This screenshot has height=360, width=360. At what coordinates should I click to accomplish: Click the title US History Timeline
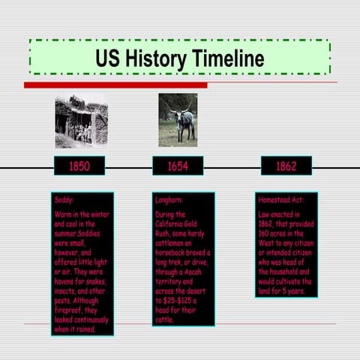pyautogui.click(x=179, y=58)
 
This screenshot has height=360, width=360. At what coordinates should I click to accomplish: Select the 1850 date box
pyautogui.click(x=79, y=166)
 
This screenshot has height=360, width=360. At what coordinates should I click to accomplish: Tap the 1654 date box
pyautogui.click(x=178, y=166)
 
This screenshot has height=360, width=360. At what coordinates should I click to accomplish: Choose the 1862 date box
pyautogui.click(x=286, y=166)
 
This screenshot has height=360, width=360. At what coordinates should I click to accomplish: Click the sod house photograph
pyautogui.click(x=81, y=121)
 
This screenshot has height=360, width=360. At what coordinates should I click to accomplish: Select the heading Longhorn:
pyautogui.click(x=169, y=201)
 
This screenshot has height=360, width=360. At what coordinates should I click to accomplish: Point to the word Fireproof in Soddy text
pyautogui.click(x=69, y=310)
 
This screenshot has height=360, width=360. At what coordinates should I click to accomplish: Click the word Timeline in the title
pyautogui.click(x=228, y=58)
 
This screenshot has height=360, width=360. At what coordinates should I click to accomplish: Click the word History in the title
pyautogui.click(x=155, y=58)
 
